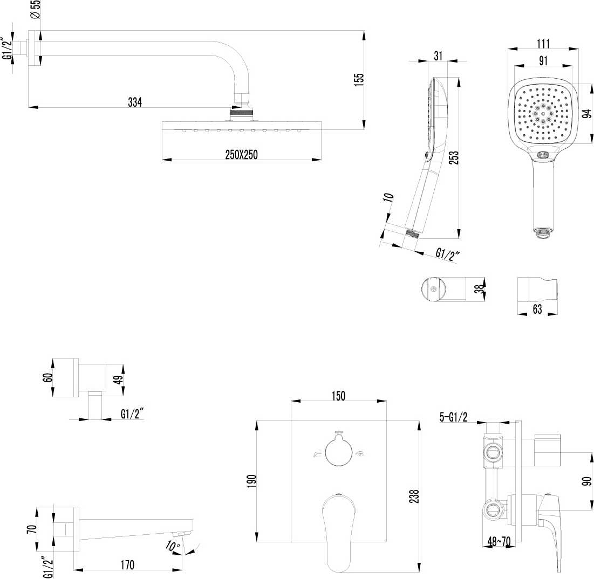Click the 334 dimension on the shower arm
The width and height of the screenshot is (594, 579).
[x=134, y=102]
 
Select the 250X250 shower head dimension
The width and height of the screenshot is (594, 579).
[x=242, y=154]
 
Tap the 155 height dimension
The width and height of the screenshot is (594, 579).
[x=359, y=79]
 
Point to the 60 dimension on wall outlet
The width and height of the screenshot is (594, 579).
[x=47, y=377]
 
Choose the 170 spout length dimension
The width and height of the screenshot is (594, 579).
[x=127, y=564]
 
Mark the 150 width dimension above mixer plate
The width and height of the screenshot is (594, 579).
[x=338, y=395]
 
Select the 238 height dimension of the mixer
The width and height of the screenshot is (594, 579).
[x=413, y=496]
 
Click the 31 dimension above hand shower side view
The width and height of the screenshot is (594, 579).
[x=438, y=55]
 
